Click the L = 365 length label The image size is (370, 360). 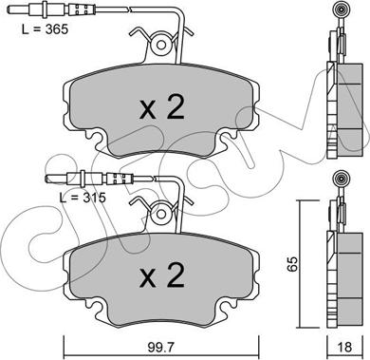tap(45, 29)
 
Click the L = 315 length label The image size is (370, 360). tap(83, 198)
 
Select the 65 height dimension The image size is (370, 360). tap(292, 263)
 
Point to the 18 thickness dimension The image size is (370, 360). tap(344, 347)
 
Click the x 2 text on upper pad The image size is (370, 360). tap(162, 107)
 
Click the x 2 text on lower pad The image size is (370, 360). tap(162, 275)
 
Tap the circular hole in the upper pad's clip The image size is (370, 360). tap(161, 45)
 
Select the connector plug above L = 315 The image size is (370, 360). tap(76, 180)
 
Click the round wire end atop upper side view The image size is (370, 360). tap(342, 11)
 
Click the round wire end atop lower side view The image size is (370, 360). tap(342, 180)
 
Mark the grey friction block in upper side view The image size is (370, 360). tap(350, 110)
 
